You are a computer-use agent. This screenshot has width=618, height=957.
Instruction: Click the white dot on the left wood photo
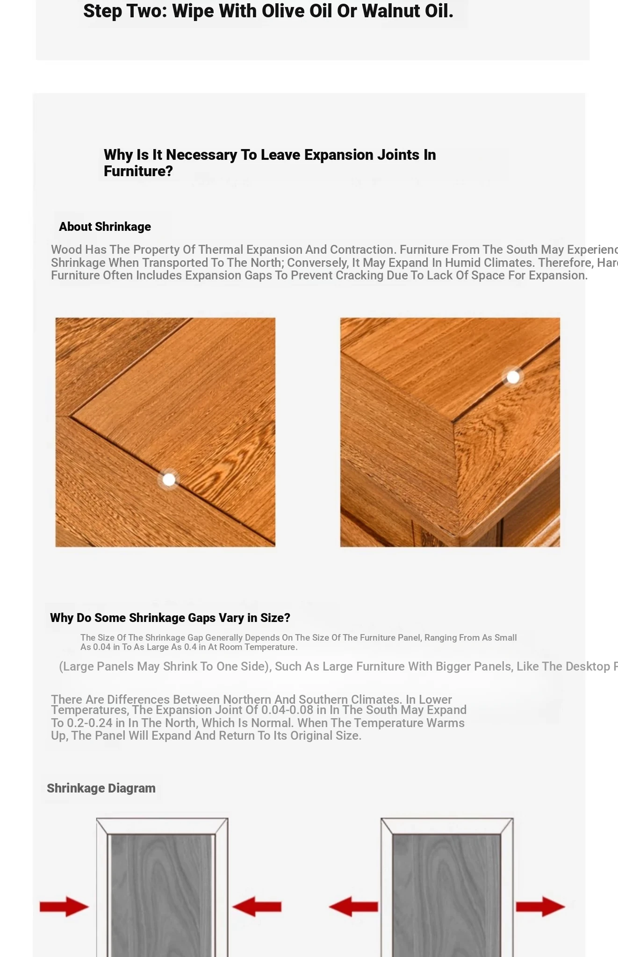pos(169,479)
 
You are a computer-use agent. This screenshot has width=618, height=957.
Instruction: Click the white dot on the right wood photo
pos(513,377)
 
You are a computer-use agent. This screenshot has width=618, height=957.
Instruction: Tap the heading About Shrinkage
pos(105,227)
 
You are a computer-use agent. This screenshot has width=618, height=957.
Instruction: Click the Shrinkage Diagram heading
pos(101,788)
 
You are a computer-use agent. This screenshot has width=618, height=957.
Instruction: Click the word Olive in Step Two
pos(280,11)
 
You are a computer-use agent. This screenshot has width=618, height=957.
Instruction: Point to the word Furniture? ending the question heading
pos(138,171)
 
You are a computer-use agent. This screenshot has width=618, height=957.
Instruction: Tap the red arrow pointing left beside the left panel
pos(257,907)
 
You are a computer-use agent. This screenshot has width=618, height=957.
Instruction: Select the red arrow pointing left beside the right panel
pos(353,907)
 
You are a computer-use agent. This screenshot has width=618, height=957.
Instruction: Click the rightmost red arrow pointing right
pos(540,907)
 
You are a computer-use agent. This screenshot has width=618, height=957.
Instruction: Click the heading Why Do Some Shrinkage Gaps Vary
pos(170,618)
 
